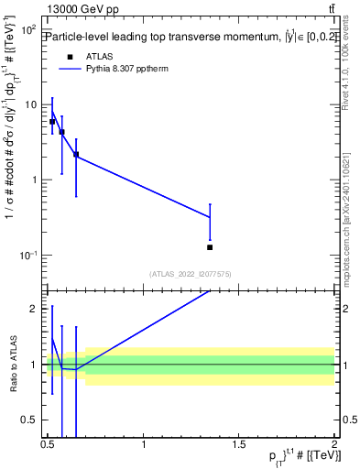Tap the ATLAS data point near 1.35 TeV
210,247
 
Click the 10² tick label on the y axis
27,30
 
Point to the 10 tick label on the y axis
30,104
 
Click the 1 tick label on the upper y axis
34,180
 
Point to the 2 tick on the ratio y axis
34,309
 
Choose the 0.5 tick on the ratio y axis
30,420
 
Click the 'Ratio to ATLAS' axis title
11,364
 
